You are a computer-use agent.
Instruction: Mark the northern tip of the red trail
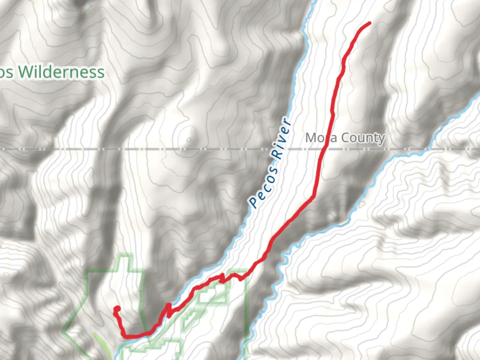[369, 23]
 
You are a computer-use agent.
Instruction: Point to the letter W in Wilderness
[25, 72]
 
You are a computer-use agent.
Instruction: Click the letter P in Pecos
[254, 202]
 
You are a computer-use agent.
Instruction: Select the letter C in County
[346, 138]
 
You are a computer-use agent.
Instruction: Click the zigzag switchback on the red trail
[168, 310]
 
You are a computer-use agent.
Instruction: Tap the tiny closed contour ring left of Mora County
[189, 139]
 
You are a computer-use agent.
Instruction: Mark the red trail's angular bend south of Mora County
[313, 197]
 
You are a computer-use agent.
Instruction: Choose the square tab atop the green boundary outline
[126, 262]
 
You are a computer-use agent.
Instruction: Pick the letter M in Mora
[311, 138]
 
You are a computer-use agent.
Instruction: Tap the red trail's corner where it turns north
[124, 335]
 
